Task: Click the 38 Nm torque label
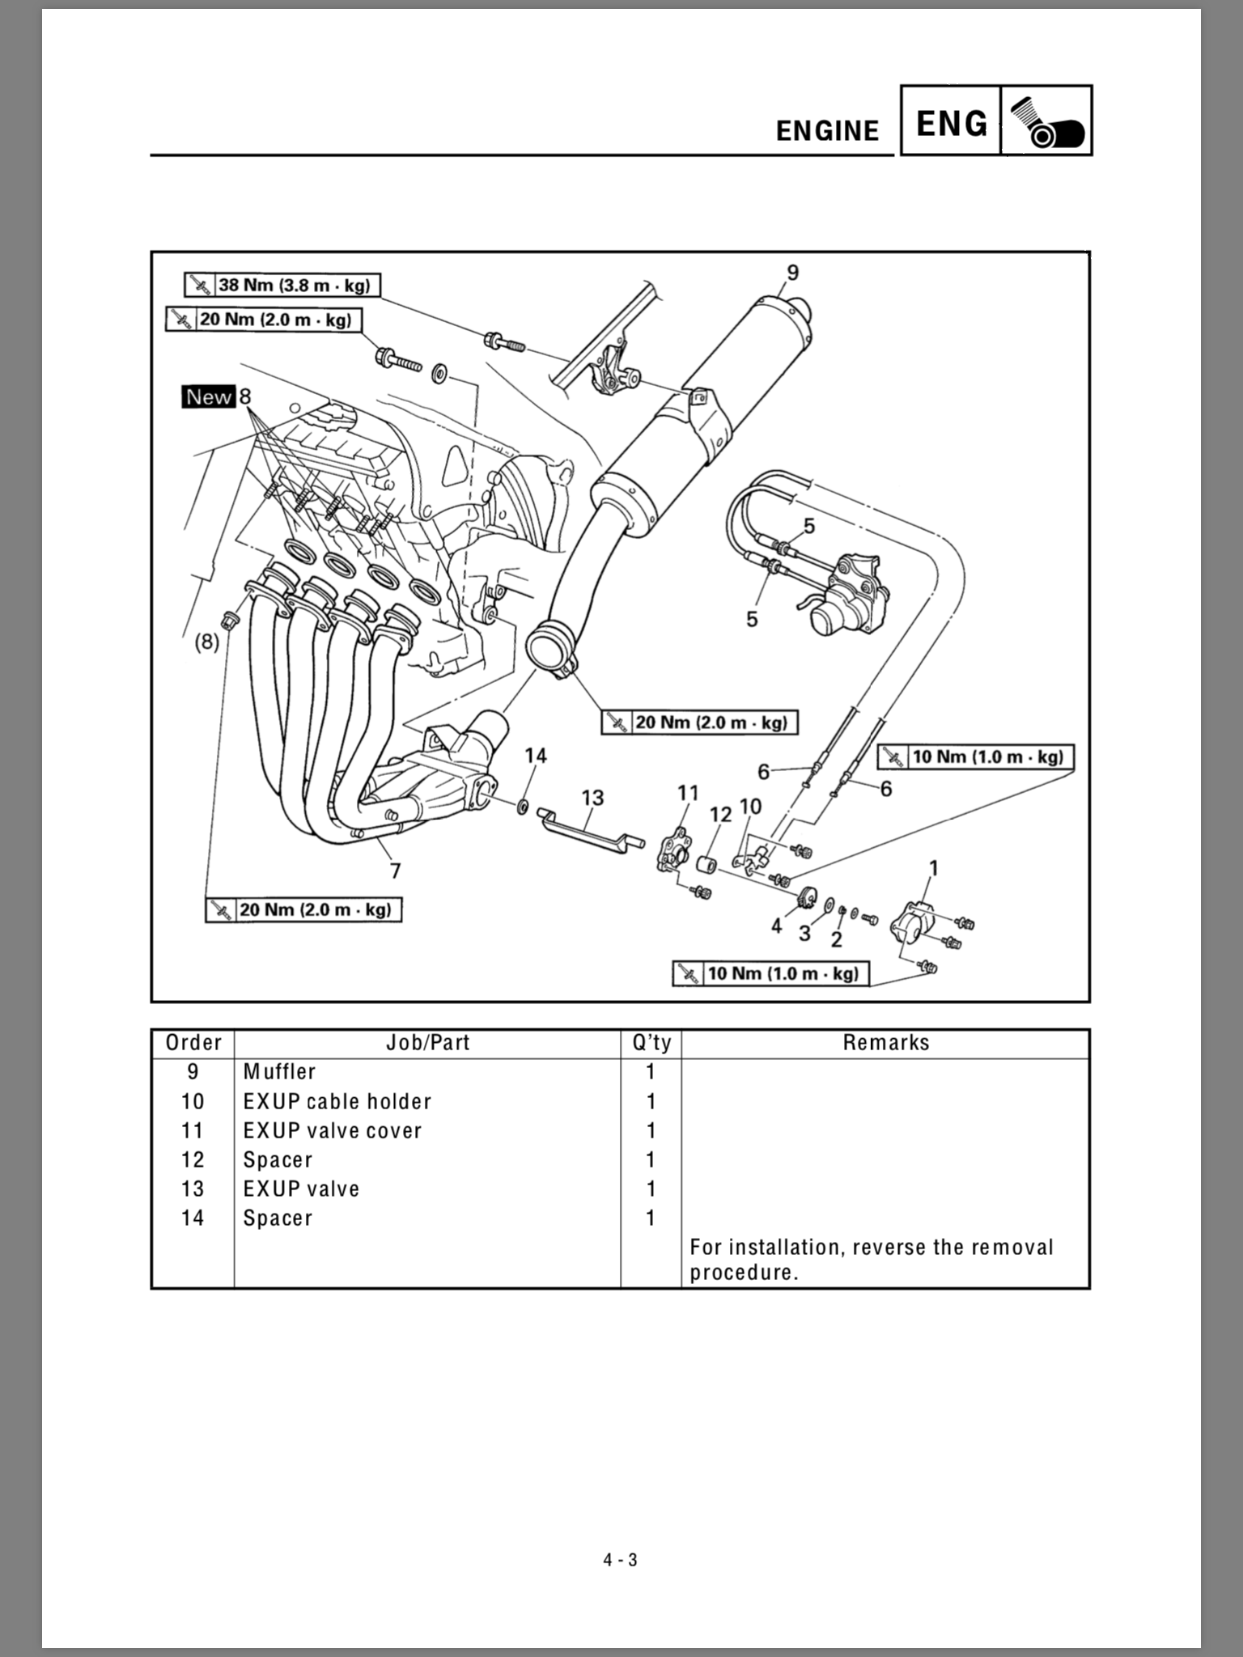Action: point(282,285)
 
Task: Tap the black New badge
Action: point(209,396)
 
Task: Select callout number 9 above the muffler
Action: point(792,273)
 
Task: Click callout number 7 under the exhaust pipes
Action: point(395,871)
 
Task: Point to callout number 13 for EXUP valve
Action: point(592,799)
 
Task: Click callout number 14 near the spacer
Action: point(536,756)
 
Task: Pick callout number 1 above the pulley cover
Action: point(933,868)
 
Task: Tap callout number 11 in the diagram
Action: point(688,793)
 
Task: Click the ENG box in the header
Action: point(952,123)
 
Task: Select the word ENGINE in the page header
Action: point(827,131)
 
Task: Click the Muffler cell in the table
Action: point(279,1071)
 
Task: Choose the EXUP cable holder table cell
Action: point(337,1101)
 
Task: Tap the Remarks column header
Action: point(885,1043)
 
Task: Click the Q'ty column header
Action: point(651,1043)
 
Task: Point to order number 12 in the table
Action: point(193,1159)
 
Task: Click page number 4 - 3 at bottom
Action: point(621,1560)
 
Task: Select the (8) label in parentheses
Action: point(206,642)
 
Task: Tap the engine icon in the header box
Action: point(1046,121)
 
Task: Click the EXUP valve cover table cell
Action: point(333,1130)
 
